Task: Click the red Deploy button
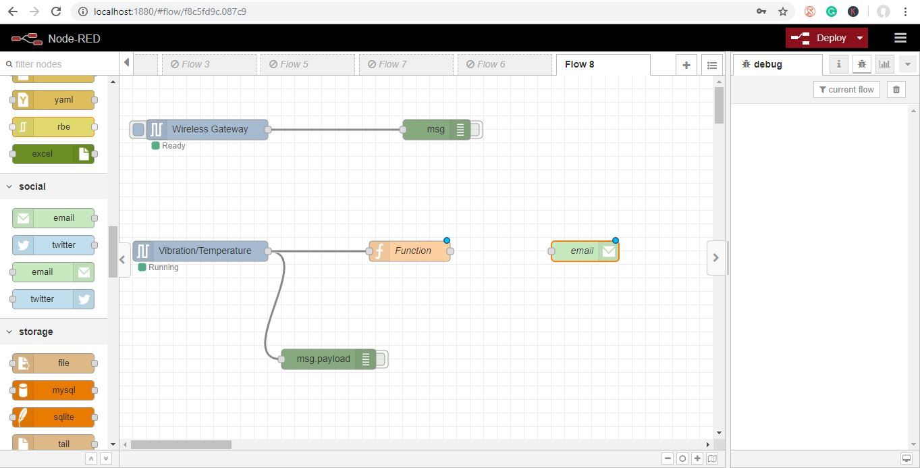[x=826, y=38]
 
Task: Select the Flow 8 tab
[x=603, y=65]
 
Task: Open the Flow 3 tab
[x=209, y=65]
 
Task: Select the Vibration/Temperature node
[x=200, y=251]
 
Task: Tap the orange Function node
[x=410, y=251]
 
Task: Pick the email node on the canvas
[x=585, y=251]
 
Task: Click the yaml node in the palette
[x=53, y=100]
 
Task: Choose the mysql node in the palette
[x=53, y=390]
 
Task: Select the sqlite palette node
[x=53, y=417]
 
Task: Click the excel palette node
[x=53, y=154]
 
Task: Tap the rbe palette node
[x=53, y=126]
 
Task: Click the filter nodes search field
[x=59, y=64]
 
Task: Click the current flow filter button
[x=846, y=90]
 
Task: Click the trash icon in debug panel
[x=896, y=90]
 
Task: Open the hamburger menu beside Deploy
[x=900, y=38]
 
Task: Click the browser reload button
[x=56, y=11]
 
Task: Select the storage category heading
[x=36, y=332]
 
